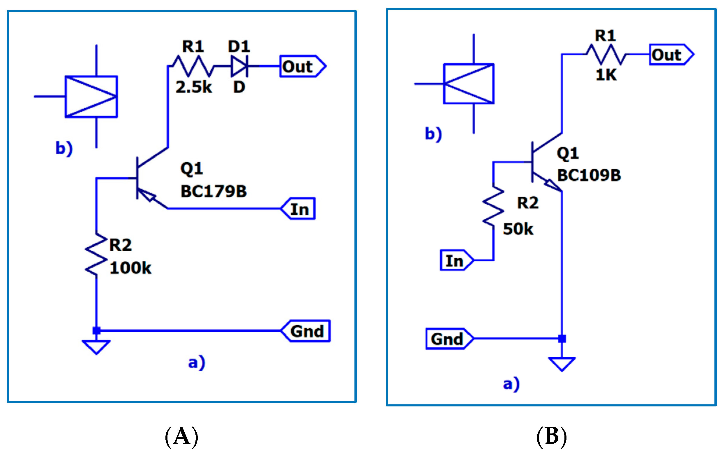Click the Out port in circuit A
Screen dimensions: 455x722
[x=302, y=66]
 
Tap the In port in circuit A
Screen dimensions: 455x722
[x=298, y=209]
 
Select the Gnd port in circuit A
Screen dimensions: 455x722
[x=306, y=331]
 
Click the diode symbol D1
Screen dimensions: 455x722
[x=239, y=66]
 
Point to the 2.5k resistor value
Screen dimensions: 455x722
[x=193, y=87]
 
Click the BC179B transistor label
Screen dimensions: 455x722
[x=213, y=191]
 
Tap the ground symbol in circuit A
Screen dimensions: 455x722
[x=96, y=347]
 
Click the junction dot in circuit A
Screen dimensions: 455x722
[x=96, y=331]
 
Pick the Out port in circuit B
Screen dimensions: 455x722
[x=671, y=55]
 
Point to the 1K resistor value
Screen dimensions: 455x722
[x=606, y=74]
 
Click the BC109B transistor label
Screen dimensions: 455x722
[x=589, y=175]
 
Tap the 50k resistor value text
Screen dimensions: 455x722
[x=518, y=229]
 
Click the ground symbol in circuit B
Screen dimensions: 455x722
[x=562, y=364]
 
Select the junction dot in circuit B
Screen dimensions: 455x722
[x=562, y=339]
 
